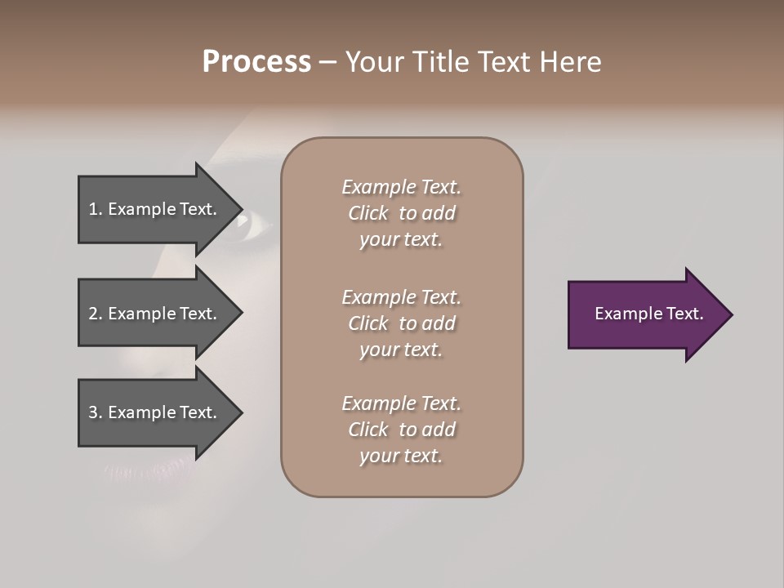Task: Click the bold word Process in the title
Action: click(x=256, y=62)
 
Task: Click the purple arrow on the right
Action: click(x=645, y=314)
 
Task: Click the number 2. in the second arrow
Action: click(x=96, y=314)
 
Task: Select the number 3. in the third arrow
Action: click(x=96, y=412)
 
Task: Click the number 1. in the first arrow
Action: click(x=96, y=209)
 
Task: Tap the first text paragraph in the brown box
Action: click(x=401, y=213)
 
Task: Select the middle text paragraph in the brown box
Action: click(x=401, y=323)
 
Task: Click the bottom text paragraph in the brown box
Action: click(x=401, y=430)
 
